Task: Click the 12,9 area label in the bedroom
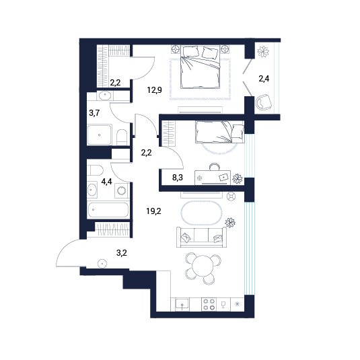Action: click(x=155, y=90)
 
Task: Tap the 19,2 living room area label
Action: click(x=153, y=211)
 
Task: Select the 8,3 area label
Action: click(x=178, y=177)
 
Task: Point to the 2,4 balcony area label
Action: click(x=264, y=79)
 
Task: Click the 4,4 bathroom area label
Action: click(x=106, y=182)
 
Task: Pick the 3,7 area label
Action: click(x=94, y=113)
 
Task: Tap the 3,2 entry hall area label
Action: click(x=122, y=253)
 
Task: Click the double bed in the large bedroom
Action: click(x=201, y=67)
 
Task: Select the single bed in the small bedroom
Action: click(x=220, y=132)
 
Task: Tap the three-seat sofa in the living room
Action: click(x=201, y=238)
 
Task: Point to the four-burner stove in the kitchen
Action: click(x=209, y=304)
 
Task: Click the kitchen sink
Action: click(x=182, y=304)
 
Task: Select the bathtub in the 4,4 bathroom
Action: click(x=108, y=210)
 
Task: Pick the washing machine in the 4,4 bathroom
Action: click(x=121, y=190)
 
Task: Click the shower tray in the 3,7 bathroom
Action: click(x=99, y=135)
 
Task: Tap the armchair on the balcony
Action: click(x=264, y=102)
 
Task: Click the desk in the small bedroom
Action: click(x=213, y=177)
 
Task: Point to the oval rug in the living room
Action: click(x=202, y=213)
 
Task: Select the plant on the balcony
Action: click(x=263, y=51)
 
